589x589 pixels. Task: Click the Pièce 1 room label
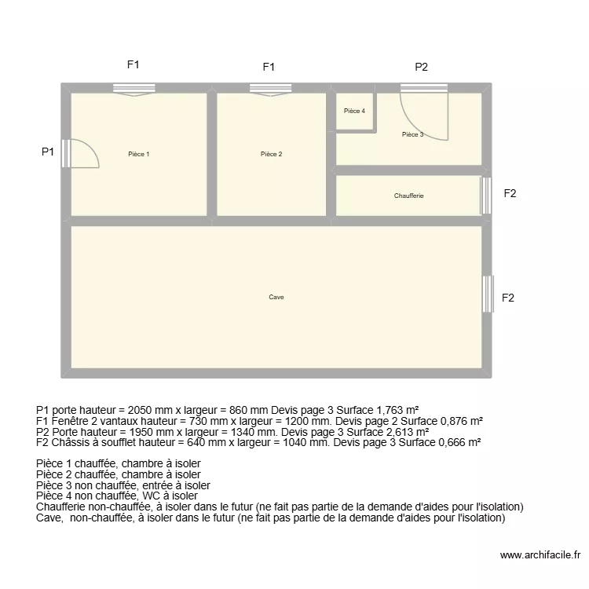tap(138, 154)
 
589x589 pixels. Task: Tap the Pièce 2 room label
tap(271, 154)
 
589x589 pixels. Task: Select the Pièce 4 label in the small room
tap(354, 111)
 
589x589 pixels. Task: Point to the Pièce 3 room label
tap(412, 134)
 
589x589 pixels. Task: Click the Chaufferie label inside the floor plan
tap(408, 196)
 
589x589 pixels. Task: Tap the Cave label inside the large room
tap(276, 297)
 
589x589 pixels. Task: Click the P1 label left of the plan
tap(48, 152)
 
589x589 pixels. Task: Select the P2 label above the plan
tap(422, 67)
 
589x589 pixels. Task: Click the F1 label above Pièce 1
tap(134, 65)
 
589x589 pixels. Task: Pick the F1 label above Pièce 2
tap(269, 67)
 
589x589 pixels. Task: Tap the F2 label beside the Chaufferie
tap(510, 193)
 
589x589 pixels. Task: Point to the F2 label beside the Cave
tap(509, 298)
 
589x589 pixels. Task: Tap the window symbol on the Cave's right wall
tap(488, 294)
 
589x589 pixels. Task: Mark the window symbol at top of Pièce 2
tap(271, 89)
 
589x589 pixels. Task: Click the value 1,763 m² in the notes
tap(393, 409)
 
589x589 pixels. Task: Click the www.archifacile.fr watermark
tap(538, 553)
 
